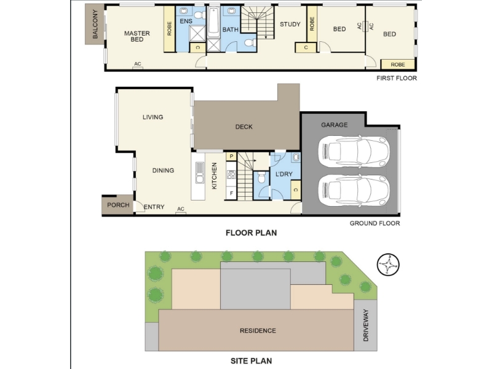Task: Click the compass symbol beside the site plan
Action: point(388,264)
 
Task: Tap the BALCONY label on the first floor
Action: point(95,24)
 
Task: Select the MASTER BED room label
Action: point(137,36)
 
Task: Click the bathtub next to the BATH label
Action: point(213,22)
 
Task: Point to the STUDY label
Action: point(290,24)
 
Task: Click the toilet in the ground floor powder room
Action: point(261,178)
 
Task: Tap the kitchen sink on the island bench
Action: point(199,173)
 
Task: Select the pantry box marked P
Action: point(232,157)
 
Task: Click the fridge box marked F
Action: point(232,193)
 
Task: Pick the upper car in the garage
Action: point(354,151)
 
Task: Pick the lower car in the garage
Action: point(354,190)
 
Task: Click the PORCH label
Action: point(118,205)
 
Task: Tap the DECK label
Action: point(244,127)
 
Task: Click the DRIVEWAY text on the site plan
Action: point(366,325)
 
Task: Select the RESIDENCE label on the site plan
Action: point(258,331)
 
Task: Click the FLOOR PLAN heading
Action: point(252,233)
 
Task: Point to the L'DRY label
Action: point(284,174)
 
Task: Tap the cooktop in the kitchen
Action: point(231,175)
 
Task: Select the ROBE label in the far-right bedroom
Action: point(398,65)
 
